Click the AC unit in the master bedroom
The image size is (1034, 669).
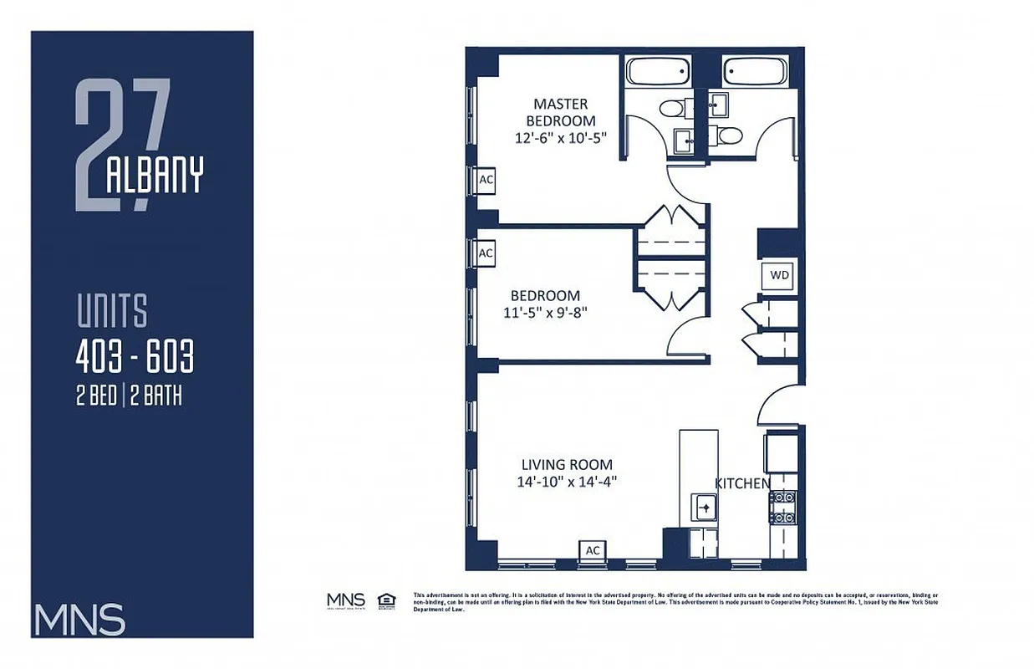coord(486,180)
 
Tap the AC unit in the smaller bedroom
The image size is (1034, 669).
coord(486,253)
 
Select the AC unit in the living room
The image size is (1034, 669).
coord(593,550)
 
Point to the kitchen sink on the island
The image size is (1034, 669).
coord(704,506)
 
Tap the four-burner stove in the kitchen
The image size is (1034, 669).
coord(782,508)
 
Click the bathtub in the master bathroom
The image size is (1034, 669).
coord(658,72)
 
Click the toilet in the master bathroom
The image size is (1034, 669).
coord(671,108)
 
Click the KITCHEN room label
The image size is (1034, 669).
coord(742,483)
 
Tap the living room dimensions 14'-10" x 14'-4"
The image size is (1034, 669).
coord(567,481)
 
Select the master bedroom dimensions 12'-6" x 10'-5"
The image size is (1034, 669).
coord(560,138)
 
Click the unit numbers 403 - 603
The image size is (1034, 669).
coord(135,358)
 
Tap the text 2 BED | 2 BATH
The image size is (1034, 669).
coord(129,396)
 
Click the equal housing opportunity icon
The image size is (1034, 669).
coord(386,600)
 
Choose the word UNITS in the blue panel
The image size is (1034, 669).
coord(112,311)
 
